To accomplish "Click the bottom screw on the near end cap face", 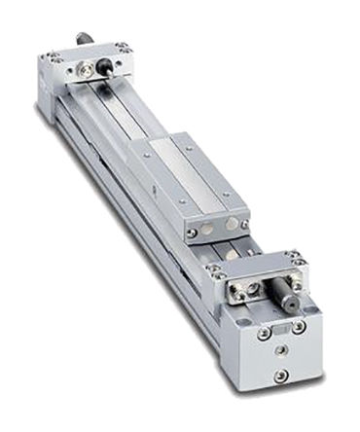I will (281, 375).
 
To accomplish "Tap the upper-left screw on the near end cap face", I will (264, 332).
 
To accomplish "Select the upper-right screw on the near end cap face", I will (300, 326).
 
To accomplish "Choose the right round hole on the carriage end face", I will (230, 222).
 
